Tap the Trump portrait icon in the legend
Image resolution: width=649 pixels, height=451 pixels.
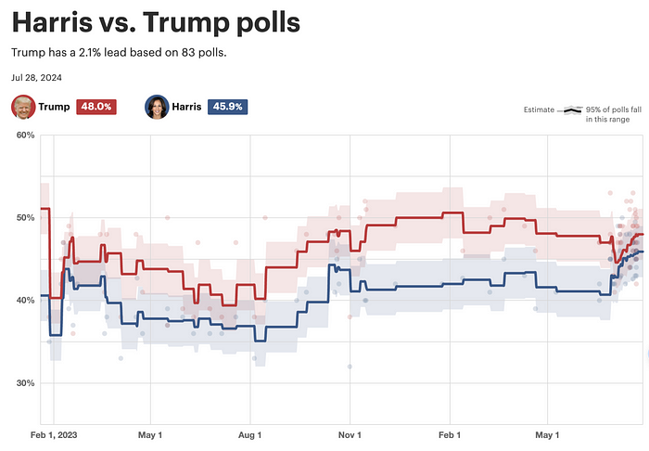point(22,107)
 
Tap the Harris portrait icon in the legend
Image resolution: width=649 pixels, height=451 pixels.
point(156,107)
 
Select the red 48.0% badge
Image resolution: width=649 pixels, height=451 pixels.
point(95,107)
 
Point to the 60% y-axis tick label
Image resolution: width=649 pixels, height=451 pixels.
point(25,135)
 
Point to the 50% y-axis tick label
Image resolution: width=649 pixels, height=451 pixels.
point(25,217)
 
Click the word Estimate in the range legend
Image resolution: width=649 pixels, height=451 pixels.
point(539,110)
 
